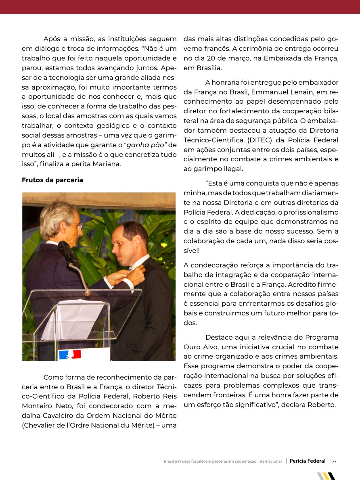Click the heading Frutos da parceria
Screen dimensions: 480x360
click(x=52, y=180)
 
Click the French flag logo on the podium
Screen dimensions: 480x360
click(x=70, y=355)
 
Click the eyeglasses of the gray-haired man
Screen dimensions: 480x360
click(x=76, y=225)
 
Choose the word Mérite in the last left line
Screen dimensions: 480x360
click(x=142, y=425)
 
